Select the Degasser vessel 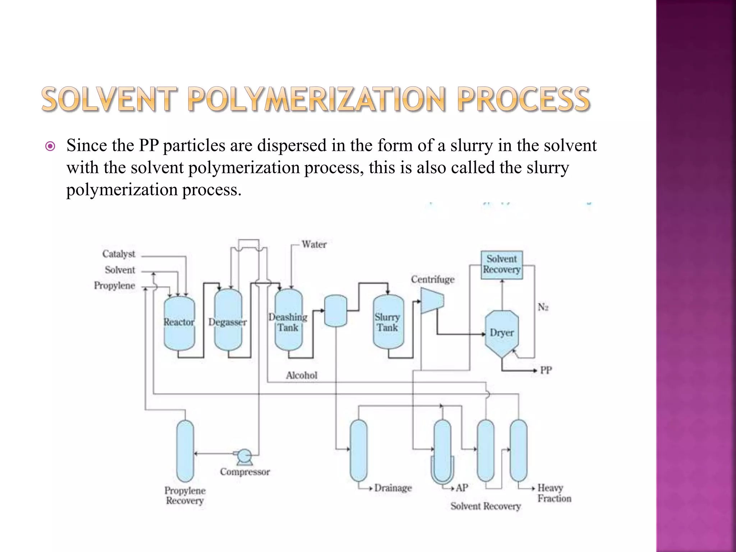point(228,320)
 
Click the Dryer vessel point(502,333)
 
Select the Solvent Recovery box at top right point(502,264)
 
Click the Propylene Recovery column point(185,451)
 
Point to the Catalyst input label point(119,254)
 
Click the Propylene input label point(115,286)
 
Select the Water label point(314,244)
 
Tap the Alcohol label point(302,375)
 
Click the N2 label point(543,307)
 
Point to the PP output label point(546,370)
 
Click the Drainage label point(393,488)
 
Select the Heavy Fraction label point(554,493)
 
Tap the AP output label point(462,488)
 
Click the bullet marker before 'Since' point(50,146)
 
